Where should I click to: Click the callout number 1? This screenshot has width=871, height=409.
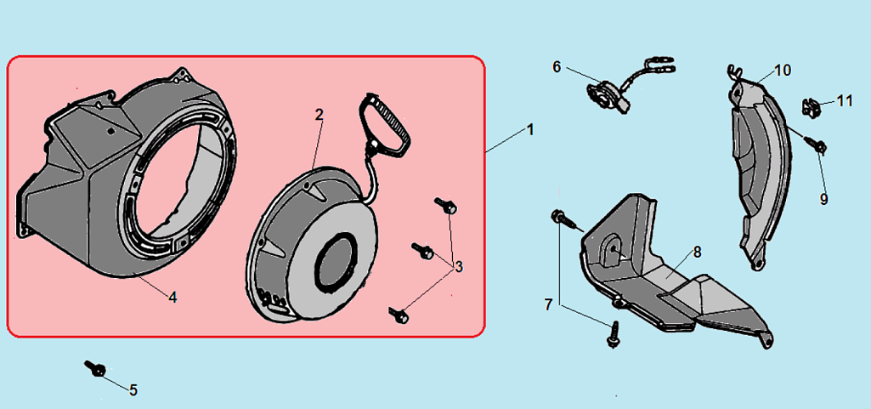530,129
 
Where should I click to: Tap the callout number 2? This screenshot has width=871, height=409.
319,115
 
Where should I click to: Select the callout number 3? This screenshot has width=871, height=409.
458,267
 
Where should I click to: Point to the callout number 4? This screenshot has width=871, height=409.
173,298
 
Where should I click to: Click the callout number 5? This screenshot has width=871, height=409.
133,390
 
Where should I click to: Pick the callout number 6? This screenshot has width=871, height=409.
557,67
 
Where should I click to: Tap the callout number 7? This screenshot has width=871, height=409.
548,304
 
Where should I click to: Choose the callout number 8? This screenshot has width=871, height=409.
697,253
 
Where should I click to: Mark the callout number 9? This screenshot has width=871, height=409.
823,199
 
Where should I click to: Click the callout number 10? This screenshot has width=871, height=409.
783,71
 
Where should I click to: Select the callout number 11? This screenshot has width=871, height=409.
845,100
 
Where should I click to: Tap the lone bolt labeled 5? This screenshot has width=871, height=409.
95,368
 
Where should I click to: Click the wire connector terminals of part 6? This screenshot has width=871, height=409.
662,65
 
